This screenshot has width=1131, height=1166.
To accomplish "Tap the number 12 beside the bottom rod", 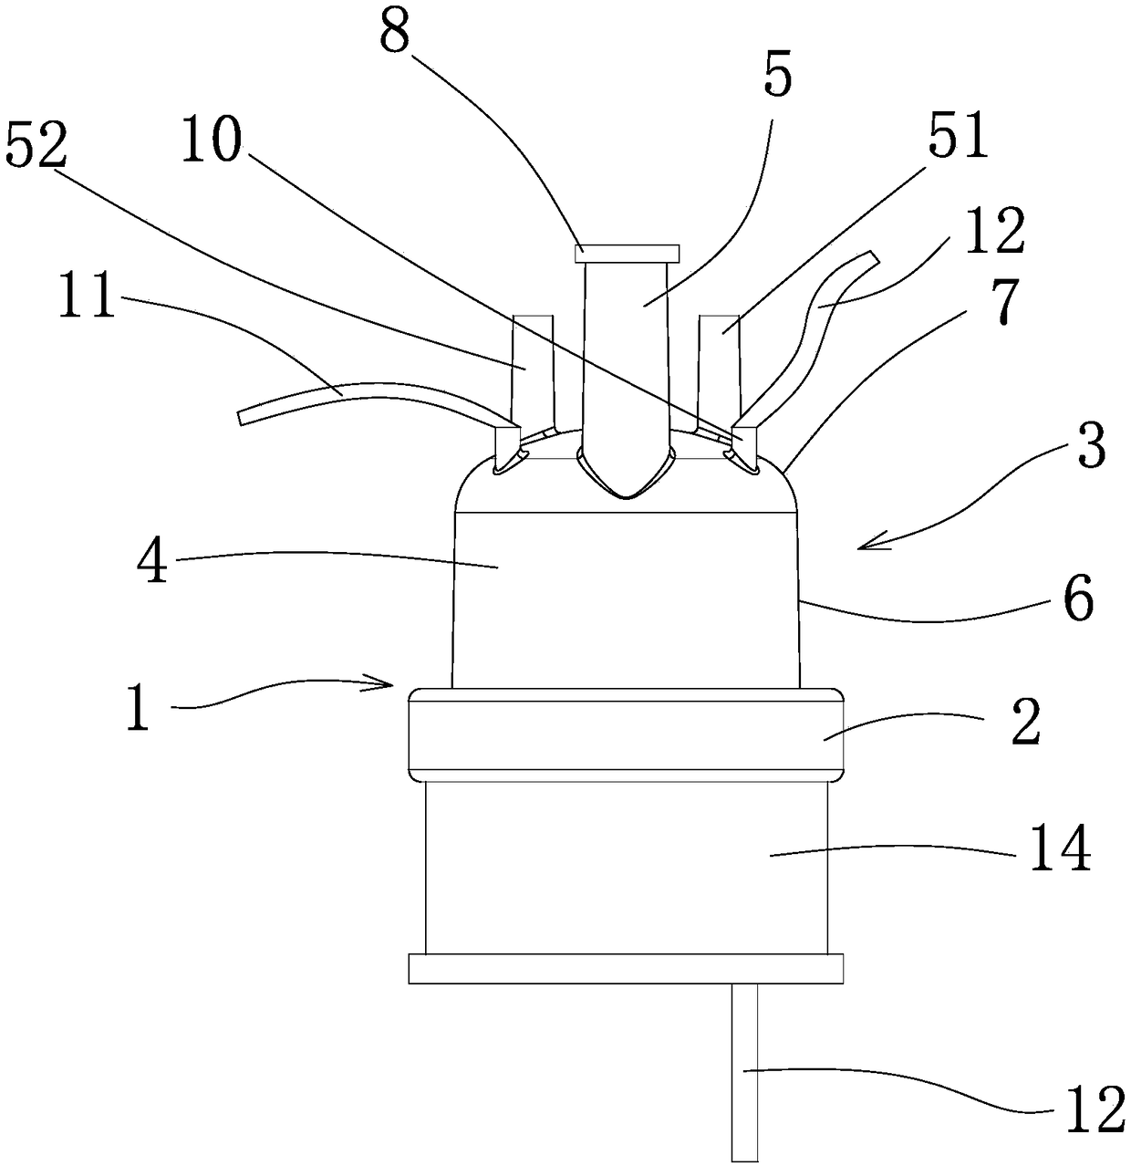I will tap(1095, 1107).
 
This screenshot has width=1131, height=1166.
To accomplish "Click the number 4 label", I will tap(152, 562).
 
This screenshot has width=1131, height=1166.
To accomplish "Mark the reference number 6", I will tap(1078, 599).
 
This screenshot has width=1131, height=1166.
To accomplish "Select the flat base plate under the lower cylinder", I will tap(625, 968).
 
